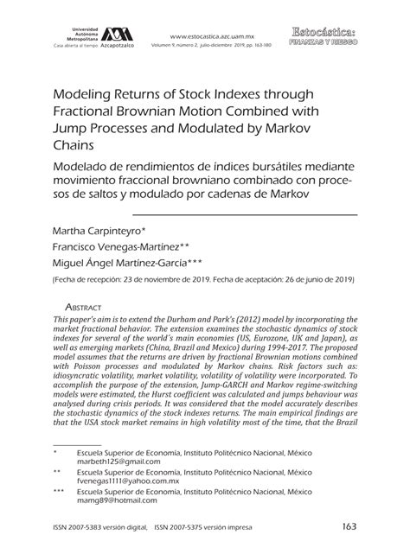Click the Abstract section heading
[x=84, y=307]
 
